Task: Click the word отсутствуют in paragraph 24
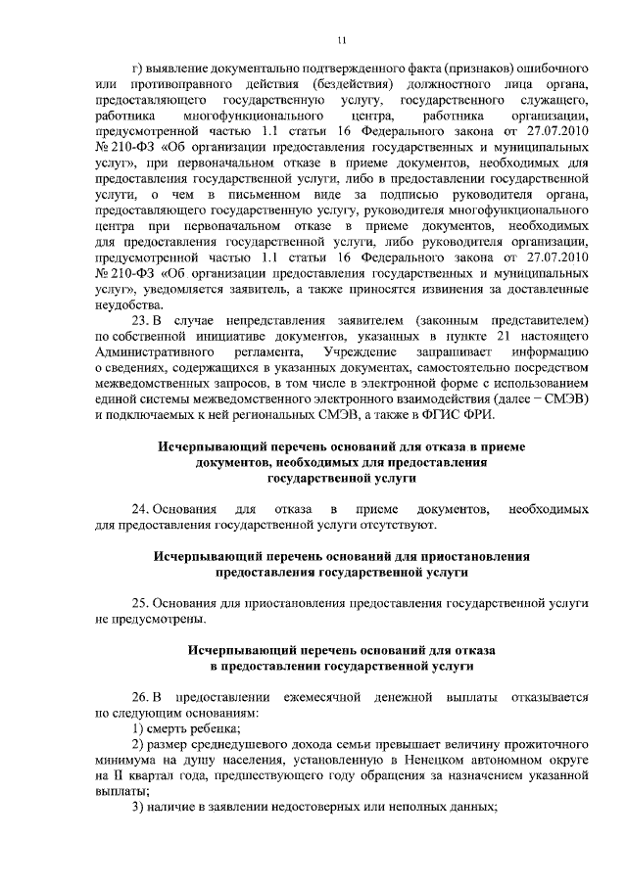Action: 396,525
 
